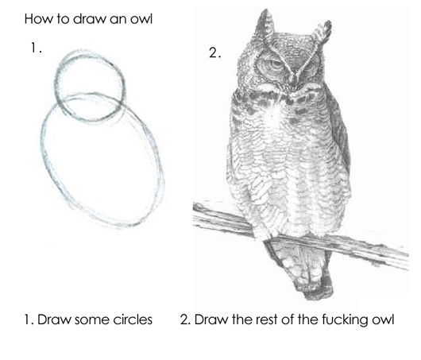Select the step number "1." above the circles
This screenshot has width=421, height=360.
36,48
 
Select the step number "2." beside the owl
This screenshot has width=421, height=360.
214,53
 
